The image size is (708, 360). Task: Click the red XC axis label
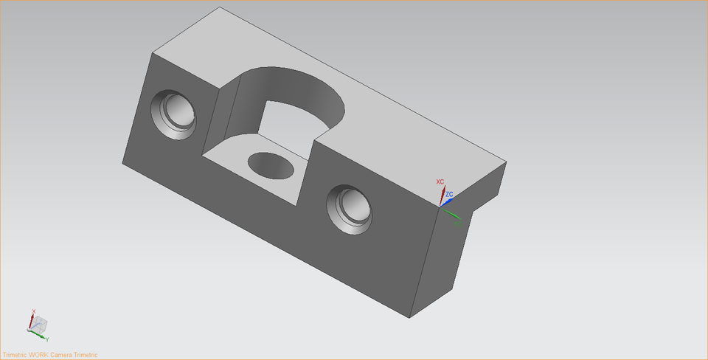coord(440,181)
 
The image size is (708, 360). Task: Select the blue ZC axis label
coord(449,194)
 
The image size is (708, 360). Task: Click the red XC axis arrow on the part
coord(442,195)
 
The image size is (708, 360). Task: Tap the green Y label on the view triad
coord(47,339)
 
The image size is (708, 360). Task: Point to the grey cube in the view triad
coord(41,324)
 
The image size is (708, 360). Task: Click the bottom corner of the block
coord(410,318)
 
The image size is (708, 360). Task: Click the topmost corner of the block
coord(222,8)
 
